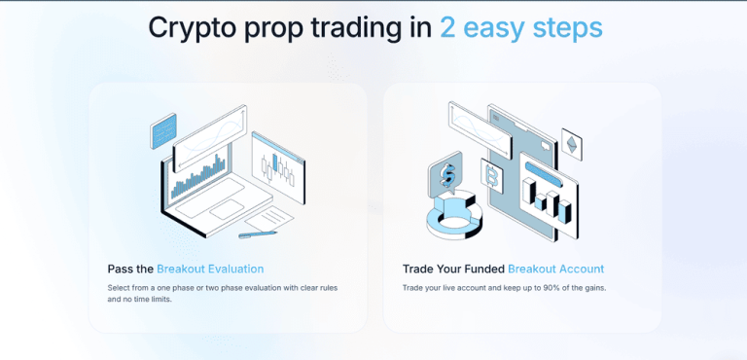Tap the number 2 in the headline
coord(447,27)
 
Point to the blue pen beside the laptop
coord(258,234)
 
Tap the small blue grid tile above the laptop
coord(163,130)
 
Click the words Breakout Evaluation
coord(210,269)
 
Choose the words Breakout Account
coord(555,269)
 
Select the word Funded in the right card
coord(481,269)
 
